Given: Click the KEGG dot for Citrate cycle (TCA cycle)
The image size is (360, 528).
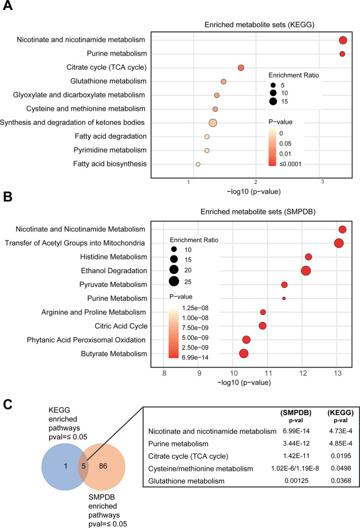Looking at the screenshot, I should click(x=241, y=68).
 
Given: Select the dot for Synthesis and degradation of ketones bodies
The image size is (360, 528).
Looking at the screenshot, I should click(x=213, y=123).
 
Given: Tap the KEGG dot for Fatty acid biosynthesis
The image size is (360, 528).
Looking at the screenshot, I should click(x=198, y=164).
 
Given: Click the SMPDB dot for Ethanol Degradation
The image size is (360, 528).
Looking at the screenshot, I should click(x=306, y=270).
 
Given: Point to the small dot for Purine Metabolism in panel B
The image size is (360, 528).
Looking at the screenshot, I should click(x=284, y=298).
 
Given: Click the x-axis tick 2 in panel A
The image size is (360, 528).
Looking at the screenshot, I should click(x=255, y=182).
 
